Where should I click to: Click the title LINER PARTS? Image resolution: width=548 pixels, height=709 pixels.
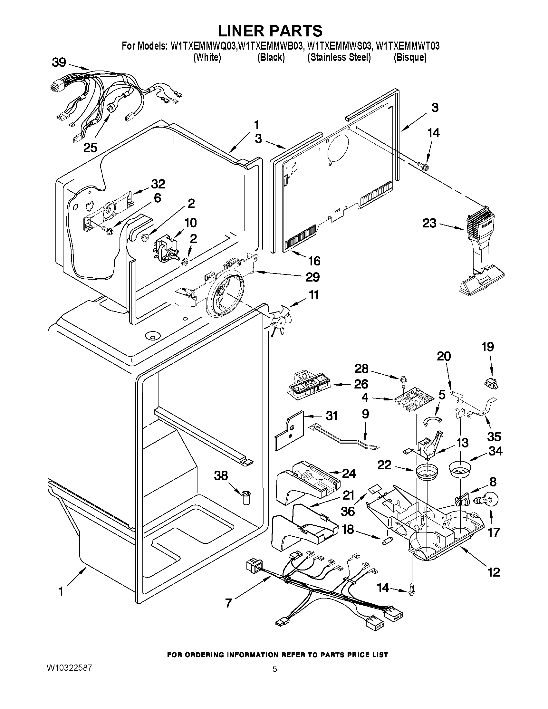pyautogui.click(x=270, y=31)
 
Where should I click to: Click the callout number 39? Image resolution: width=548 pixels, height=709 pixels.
pyautogui.click(x=59, y=62)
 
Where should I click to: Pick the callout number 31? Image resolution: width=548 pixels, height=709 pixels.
pyautogui.click(x=332, y=416)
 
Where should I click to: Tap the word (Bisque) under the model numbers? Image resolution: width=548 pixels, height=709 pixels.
pyautogui.click(x=410, y=57)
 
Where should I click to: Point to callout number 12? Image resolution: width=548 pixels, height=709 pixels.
pyautogui.click(x=494, y=572)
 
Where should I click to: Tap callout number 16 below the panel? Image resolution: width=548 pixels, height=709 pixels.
pyautogui.click(x=314, y=261)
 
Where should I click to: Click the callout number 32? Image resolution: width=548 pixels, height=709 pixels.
pyautogui.click(x=158, y=184)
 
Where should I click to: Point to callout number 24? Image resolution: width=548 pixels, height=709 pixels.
pyautogui.click(x=349, y=474)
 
